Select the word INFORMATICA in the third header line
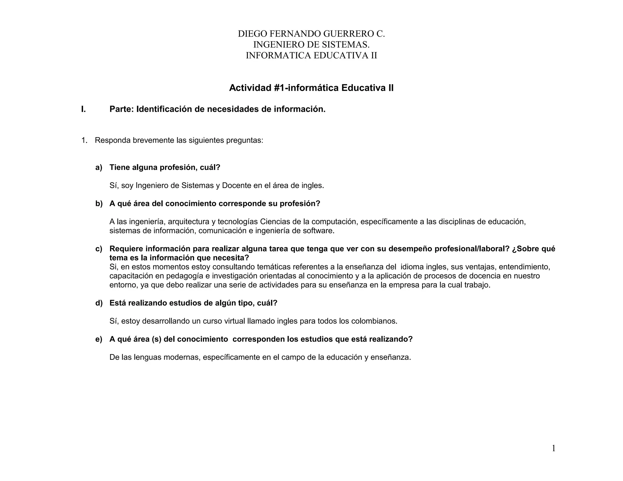[x=275, y=56]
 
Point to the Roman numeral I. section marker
[x=83, y=109]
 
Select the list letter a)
[x=99, y=168]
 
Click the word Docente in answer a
[x=237, y=185]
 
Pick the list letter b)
[x=99, y=204]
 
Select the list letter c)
[x=99, y=249]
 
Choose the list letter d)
[x=99, y=303]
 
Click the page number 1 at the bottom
[x=553, y=448]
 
